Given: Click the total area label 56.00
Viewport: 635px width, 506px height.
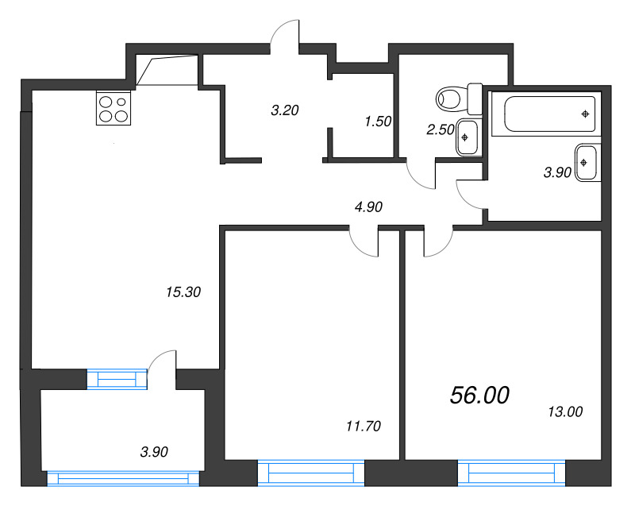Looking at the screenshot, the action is click(479, 395).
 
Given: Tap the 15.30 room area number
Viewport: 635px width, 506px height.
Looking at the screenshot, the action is click(183, 292).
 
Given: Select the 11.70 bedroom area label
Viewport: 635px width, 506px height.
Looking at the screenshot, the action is click(364, 426).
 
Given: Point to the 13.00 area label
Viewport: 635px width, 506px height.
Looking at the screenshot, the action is click(565, 411).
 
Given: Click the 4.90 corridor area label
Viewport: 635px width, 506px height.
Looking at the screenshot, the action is click(368, 207).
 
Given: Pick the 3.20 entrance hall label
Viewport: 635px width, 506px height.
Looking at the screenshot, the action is click(285, 110).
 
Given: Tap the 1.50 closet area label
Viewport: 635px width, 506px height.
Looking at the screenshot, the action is click(378, 121).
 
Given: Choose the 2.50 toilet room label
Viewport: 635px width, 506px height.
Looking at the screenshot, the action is click(441, 129).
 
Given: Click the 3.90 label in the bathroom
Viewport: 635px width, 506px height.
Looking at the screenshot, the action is click(557, 172).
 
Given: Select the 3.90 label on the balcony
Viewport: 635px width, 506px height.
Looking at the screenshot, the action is click(154, 452).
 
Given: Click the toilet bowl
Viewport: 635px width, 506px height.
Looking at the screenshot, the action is click(460, 98).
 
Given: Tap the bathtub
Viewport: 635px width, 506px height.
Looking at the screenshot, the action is click(549, 114).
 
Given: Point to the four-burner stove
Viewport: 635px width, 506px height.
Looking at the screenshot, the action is click(114, 108).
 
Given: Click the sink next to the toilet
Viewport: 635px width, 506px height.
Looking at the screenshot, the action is click(467, 137).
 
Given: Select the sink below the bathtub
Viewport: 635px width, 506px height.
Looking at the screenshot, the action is click(586, 163).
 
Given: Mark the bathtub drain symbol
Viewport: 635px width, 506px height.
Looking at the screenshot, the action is click(585, 114).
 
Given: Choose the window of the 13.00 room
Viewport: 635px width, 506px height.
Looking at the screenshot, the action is click(511, 473).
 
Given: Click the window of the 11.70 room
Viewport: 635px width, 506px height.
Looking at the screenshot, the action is click(311, 473).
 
